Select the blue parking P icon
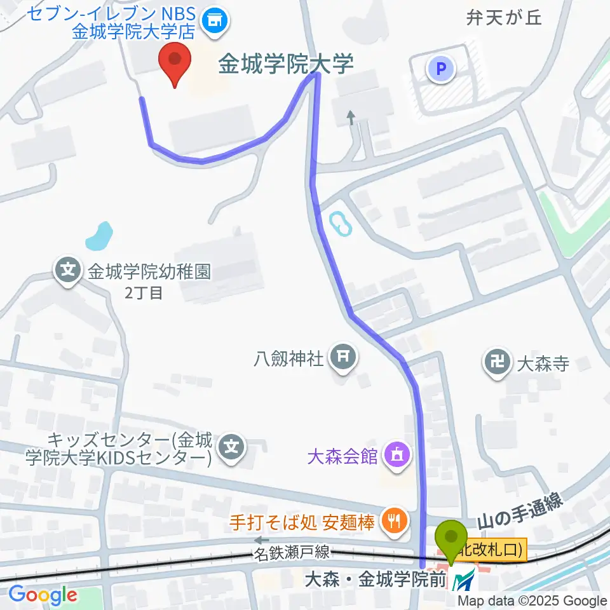(442, 68)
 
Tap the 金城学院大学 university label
(285, 64)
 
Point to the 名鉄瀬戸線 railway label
(293, 553)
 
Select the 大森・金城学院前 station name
(374, 580)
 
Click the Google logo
(43, 595)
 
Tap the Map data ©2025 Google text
(532, 600)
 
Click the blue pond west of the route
(98, 236)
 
